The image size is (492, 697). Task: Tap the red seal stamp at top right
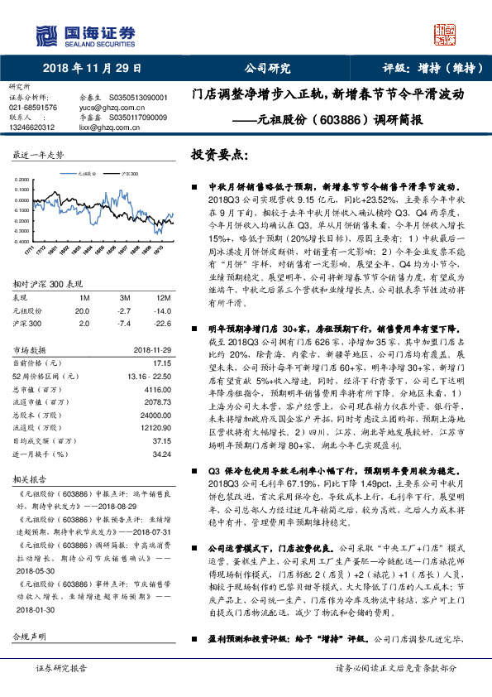(x=444, y=33)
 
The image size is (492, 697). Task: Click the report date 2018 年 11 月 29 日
(x=93, y=68)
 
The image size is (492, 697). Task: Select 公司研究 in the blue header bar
(x=267, y=68)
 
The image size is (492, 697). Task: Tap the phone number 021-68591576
(x=33, y=108)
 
